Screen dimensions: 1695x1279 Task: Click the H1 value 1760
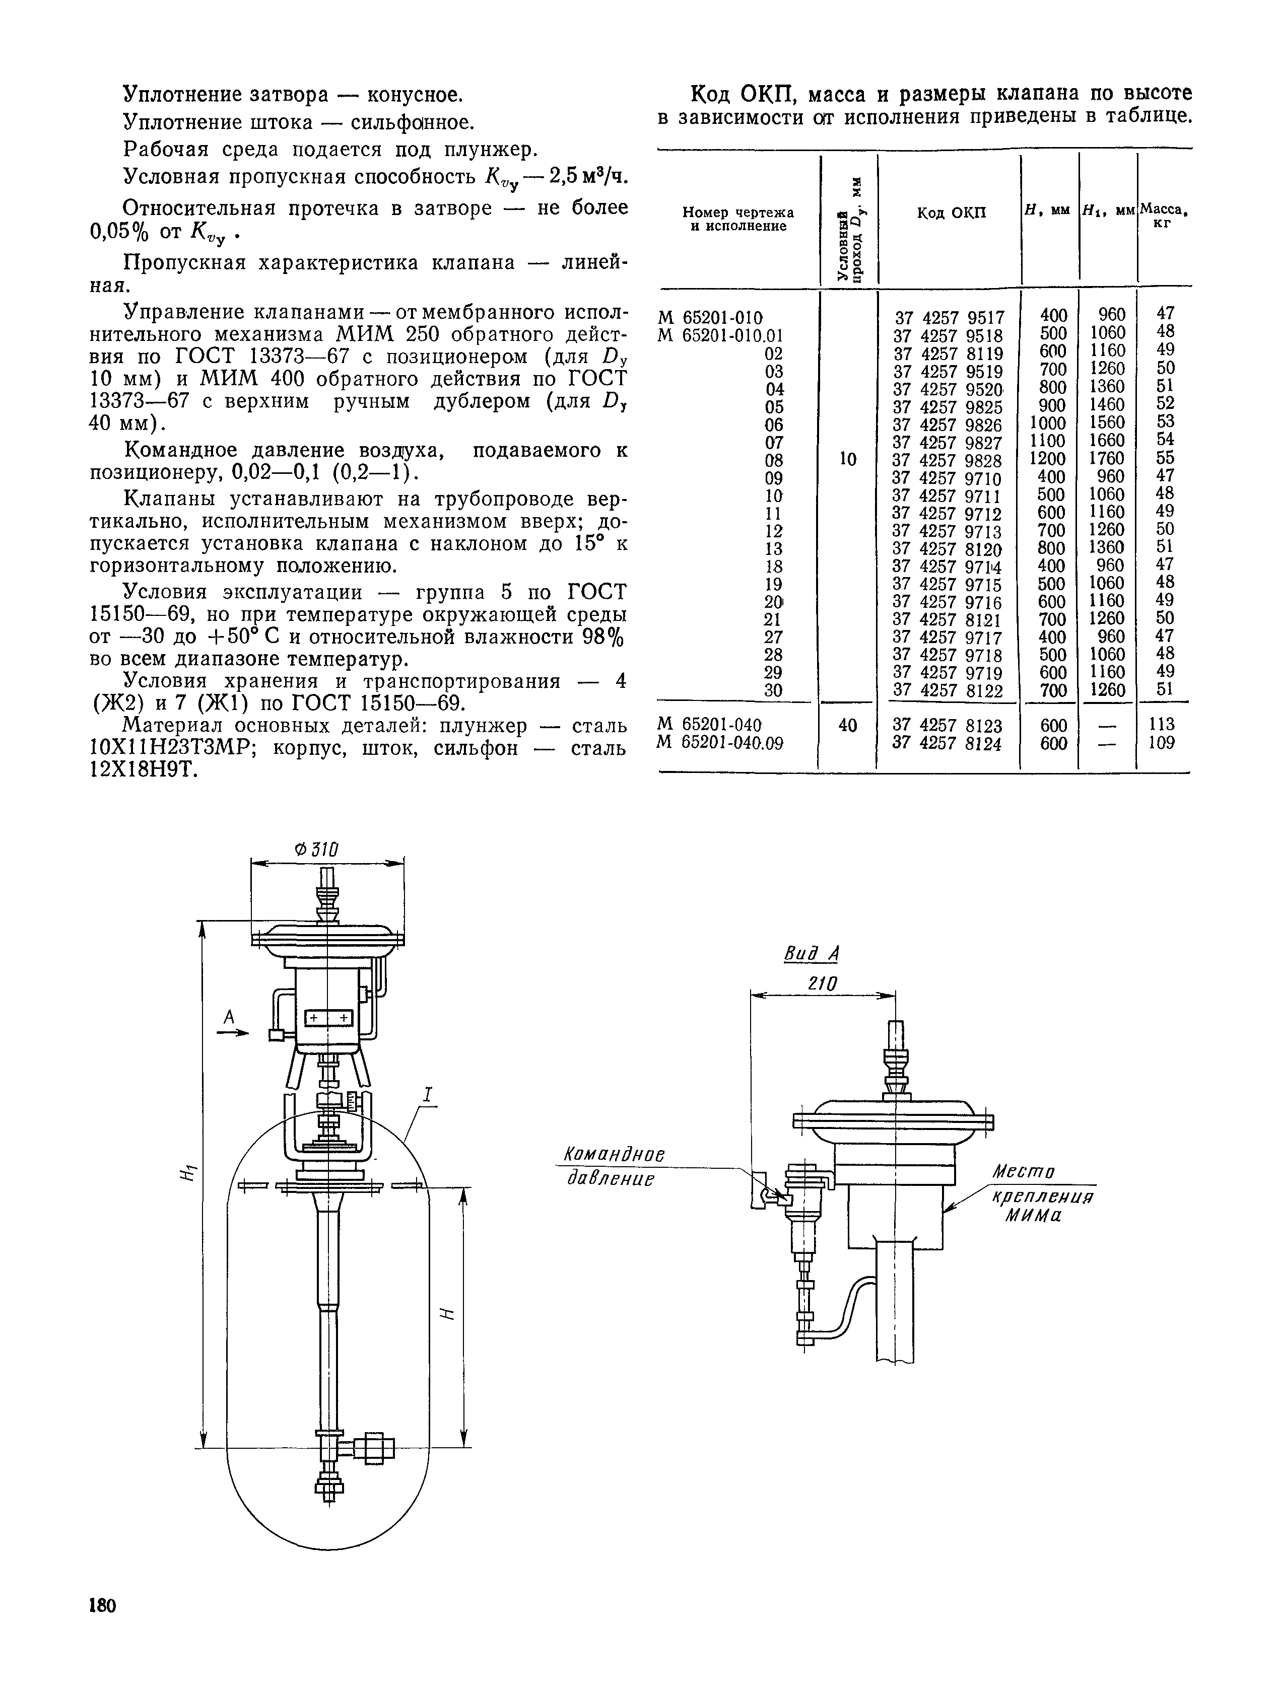point(1107,458)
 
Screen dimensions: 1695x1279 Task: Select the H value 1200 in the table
point(1048,458)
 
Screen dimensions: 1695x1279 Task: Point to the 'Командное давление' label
point(613,1166)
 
